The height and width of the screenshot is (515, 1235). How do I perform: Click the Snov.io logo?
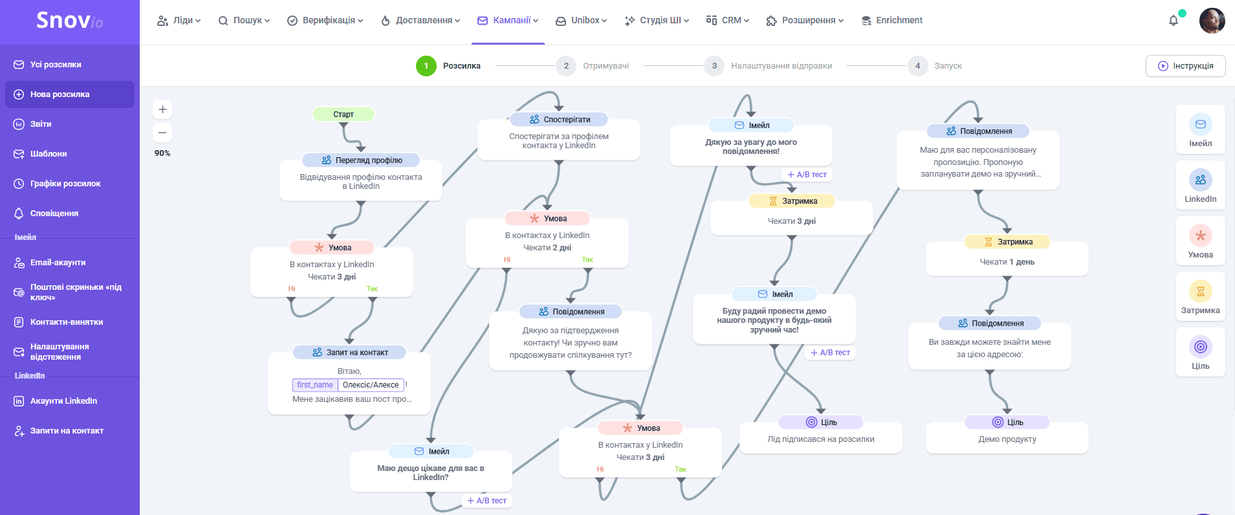coord(69,21)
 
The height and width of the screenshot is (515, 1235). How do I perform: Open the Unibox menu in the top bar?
coord(581,21)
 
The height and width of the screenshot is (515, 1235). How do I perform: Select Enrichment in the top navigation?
coord(892,21)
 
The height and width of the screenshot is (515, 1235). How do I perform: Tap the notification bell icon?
coord(1174,21)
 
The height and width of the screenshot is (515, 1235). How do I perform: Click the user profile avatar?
coord(1212,21)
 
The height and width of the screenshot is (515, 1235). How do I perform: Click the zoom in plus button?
coord(162,109)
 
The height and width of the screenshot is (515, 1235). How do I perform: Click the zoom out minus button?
coord(162,133)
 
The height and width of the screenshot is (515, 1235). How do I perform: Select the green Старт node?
coord(344,115)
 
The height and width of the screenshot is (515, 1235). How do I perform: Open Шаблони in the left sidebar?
coord(49,154)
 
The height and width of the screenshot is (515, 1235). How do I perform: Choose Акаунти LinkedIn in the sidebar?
coord(63,401)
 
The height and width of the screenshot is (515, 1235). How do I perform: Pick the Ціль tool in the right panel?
coord(1200,352)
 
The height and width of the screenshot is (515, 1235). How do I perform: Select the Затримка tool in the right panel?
coord(1200,296)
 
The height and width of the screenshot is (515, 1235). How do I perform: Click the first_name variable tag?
coord(315,385)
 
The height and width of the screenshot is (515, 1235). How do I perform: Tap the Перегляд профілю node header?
coord(361,160)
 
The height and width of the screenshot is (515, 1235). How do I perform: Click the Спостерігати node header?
coord(559,120)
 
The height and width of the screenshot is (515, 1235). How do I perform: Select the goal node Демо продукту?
coord(1007,439)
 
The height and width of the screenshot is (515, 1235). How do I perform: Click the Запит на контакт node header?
coord(349,353)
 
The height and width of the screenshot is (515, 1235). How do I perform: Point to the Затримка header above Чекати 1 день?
coord(1007,242)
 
